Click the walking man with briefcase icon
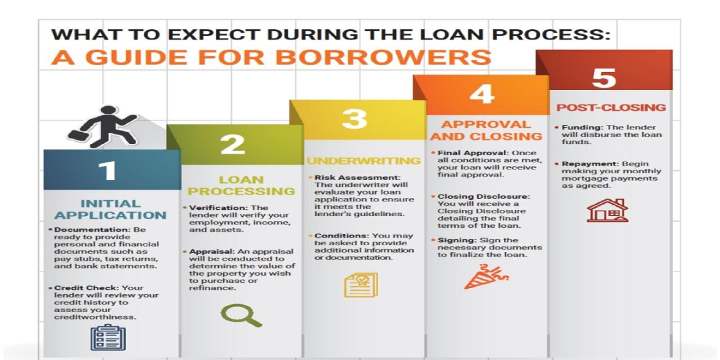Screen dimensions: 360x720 [x=102, y=126]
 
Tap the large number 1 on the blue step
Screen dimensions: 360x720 [x=106, y=170]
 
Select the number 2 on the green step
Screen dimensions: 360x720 [x=232, y=145]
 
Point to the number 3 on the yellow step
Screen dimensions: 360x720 [x=354, y=119]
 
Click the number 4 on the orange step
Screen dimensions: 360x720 [x=481, y=94]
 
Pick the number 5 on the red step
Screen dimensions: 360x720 [x=604, y=78]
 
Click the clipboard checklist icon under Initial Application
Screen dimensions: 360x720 [x=108, y=337]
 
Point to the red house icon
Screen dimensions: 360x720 [x=607, y=210]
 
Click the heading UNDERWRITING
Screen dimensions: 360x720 [x=363, y=161]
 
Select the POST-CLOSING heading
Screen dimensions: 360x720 [x=611, y=107]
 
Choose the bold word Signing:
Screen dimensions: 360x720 [x=454, y=240]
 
